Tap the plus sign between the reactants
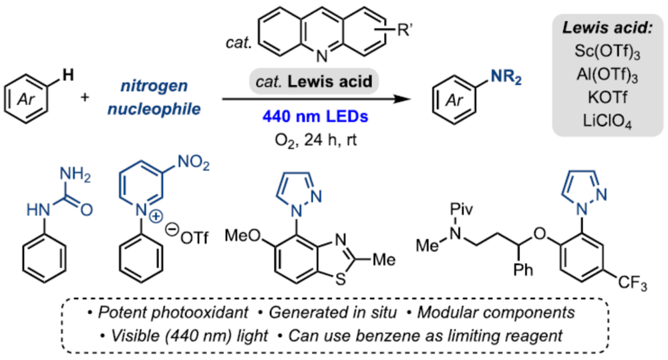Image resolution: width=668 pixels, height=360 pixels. [85, 98]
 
